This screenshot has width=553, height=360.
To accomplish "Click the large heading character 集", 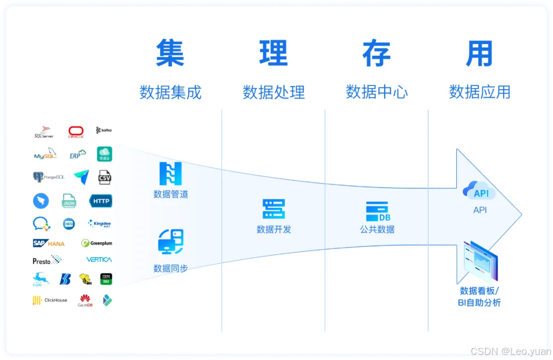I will [170, 53].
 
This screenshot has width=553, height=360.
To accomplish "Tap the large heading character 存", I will [376, 53].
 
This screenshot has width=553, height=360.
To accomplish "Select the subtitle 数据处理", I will [273, 92].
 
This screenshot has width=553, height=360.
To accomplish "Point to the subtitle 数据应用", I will [480, 92].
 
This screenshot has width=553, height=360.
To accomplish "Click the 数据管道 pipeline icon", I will [171, 174].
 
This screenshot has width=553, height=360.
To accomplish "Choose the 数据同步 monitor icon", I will [171, 242].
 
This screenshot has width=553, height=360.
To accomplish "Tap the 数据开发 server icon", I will [273, 209].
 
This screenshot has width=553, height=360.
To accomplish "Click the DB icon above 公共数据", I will [377, 210].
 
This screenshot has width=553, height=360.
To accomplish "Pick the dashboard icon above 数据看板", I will [480, 262].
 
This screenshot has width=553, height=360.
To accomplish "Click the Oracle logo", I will [76, 132].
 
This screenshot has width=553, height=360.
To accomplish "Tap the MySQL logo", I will [45, 154].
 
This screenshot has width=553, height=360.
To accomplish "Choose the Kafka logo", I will [103, 131].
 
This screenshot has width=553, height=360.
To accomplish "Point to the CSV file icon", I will [104, 177].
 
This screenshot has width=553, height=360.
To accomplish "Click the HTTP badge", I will [101, 201].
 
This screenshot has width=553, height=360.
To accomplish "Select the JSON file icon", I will [69, 201].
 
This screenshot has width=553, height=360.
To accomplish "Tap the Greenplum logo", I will [97, 243].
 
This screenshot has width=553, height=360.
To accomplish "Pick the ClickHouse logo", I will [50, 300].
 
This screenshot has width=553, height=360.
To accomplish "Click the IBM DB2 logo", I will [106, 279].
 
